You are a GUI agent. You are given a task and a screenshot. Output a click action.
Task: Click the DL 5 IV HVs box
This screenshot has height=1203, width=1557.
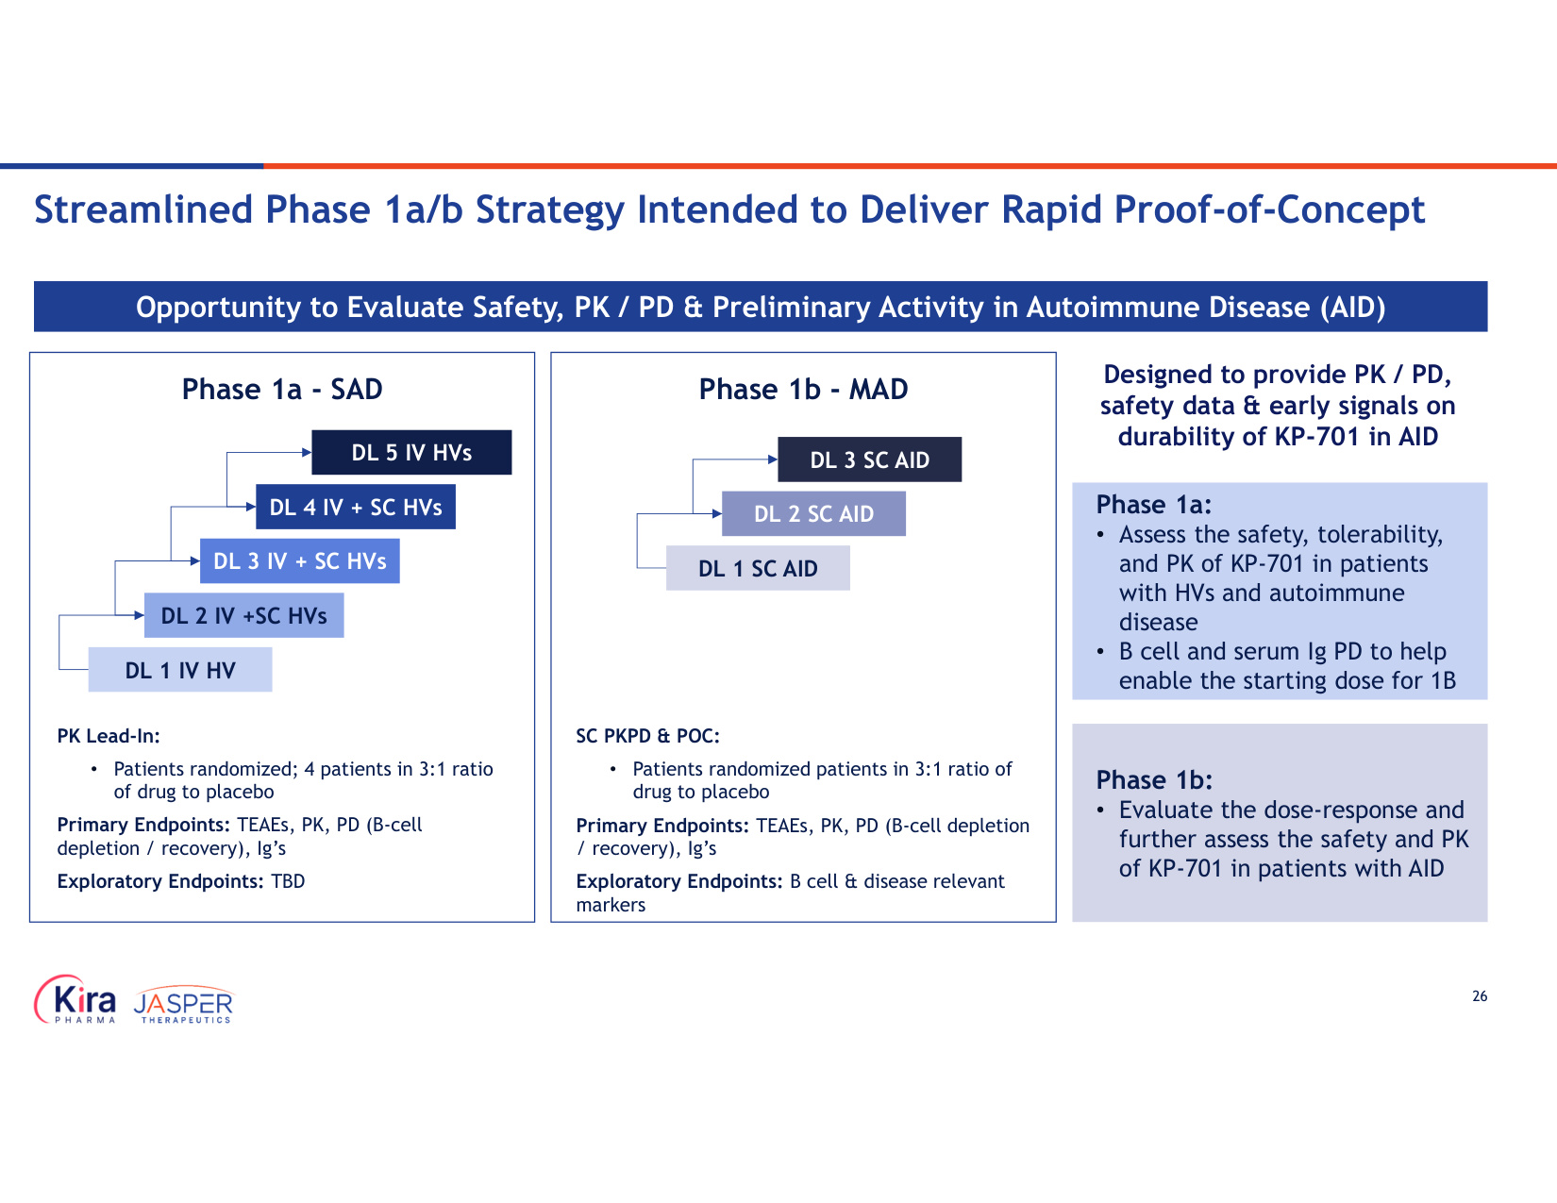point(411,452)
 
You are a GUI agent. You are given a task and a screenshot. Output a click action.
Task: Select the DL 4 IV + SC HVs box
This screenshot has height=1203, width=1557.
point(356,507)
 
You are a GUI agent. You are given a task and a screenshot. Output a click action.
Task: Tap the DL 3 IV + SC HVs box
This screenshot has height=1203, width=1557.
point(299,561)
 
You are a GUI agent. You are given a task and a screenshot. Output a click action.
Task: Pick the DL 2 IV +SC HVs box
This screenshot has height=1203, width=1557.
point(243,615)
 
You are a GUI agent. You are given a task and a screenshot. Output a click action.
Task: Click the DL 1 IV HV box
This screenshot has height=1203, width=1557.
point(180,670)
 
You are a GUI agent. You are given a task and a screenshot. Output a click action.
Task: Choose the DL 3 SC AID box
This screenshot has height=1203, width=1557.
point(870,459)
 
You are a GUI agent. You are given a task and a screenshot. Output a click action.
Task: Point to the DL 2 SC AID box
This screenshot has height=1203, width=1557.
point(814,513)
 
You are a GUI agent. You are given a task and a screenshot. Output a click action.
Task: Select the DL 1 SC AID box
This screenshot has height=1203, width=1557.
point(758,568)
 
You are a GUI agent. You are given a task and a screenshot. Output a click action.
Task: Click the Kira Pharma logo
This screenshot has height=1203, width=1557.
point(75,999)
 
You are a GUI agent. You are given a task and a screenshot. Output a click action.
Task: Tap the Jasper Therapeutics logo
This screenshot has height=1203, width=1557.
point(183,1005)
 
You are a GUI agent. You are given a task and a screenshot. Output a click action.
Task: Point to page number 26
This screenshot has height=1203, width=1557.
point(1480,996)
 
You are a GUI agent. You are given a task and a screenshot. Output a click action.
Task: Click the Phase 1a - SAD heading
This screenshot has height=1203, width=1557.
point(281,389)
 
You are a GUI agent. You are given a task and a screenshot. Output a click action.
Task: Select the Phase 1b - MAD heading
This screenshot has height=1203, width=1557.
point(803,389)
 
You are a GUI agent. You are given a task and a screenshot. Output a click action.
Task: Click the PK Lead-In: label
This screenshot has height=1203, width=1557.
point(109,736)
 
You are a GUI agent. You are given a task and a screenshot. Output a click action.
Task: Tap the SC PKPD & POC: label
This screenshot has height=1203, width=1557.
point(647,736)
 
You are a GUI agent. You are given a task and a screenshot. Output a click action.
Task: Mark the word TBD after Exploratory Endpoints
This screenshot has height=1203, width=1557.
point(288,881)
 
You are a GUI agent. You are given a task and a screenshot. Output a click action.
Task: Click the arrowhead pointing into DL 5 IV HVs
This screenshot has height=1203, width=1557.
point(307,452)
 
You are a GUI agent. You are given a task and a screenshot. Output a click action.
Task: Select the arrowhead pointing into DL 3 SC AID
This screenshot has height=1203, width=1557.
point(773,459)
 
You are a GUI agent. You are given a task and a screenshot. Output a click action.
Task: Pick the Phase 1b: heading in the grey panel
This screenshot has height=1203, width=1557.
point(1154,779)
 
